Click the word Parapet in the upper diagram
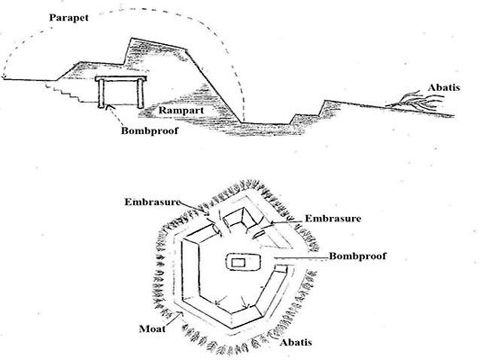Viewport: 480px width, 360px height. (68, 18)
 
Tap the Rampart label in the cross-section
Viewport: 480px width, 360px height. (180, 110)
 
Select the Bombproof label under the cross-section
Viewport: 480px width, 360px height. (149, 130)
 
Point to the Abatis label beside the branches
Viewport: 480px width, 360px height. (444, 87)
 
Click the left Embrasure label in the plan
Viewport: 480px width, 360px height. (152, 202)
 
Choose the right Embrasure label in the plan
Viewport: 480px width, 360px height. (333, 218)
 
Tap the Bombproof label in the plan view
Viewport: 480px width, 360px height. (357, 256)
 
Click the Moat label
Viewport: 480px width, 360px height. (152, 329)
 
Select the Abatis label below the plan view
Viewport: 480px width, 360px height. (296, 342)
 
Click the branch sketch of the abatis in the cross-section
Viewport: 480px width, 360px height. (415, 101)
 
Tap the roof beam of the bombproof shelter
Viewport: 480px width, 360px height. (120, 78)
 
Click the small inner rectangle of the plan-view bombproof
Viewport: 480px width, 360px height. (238, 262)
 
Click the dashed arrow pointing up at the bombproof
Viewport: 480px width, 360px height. (115, 115)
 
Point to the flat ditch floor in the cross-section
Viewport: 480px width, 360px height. (265, 123)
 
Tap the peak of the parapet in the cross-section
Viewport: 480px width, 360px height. (131, 38)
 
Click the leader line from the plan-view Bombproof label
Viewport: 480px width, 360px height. (301, 258)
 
